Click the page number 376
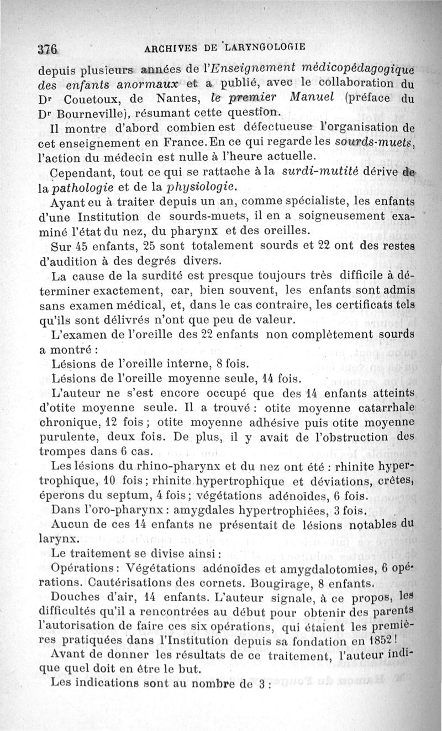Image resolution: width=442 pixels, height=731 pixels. click(48, 48)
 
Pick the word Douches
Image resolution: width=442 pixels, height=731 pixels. click(76, 597)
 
